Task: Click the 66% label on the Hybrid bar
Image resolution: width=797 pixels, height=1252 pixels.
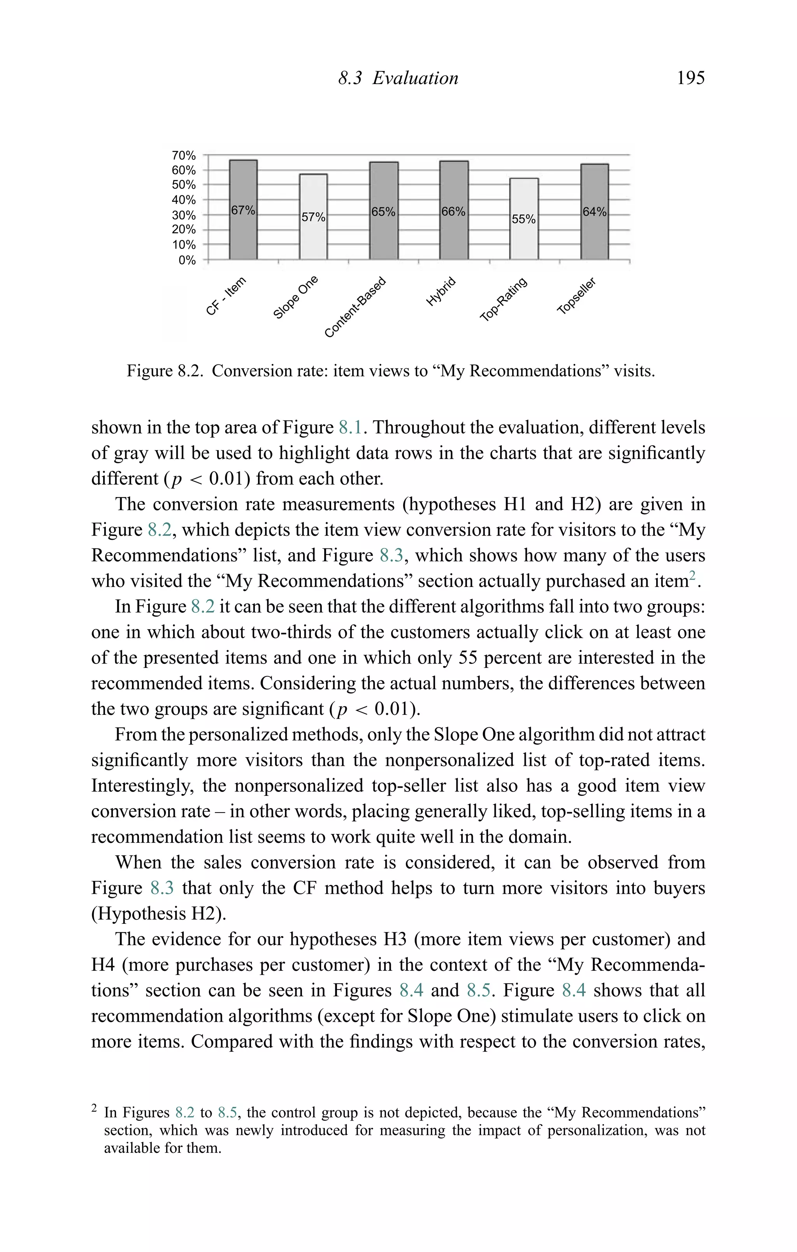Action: tap(453, 212)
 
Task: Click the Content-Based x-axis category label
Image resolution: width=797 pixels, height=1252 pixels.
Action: tap(355, 307)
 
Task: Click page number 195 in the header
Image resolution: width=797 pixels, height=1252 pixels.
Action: tap(690, 78)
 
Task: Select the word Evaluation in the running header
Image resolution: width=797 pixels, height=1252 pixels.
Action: tap(415, 78)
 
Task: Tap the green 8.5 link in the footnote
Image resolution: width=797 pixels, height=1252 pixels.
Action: tap(227, 1113)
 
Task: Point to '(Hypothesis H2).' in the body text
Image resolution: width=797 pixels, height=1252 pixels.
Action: tap(159, 914)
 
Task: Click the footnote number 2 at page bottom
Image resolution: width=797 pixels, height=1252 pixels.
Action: tap(94, 1108)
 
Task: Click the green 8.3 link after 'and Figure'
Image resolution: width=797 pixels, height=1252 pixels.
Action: tap(391, 555)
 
